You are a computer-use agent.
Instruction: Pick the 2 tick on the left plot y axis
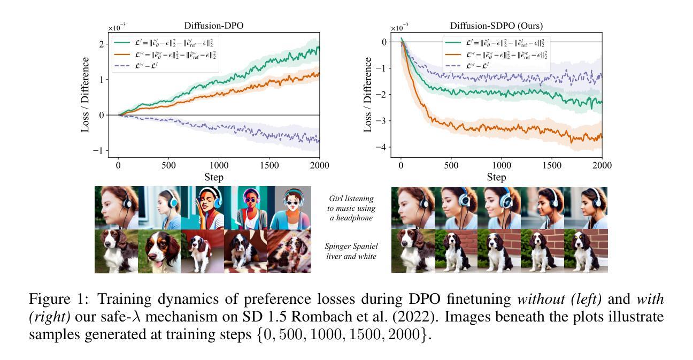(x=102, y=44)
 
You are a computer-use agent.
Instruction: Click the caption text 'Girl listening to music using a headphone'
(x=351, y=208)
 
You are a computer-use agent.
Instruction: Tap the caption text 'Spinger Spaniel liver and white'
(x=351, y=251)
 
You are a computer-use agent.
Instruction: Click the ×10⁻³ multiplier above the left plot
(x=118, y=27)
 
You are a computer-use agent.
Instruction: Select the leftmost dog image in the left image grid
(x=116, y=251)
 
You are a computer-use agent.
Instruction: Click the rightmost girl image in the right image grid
(x=586, y=208)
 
